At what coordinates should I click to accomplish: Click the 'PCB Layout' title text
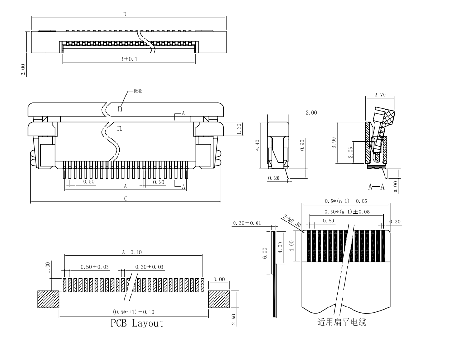[137, 323]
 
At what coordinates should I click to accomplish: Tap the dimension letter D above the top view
[125, 14]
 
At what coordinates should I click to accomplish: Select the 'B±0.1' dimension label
[128, 59]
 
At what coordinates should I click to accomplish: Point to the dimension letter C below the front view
[125, 199]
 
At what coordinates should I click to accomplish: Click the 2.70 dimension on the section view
[380, 95]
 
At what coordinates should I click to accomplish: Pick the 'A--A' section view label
[376, 187]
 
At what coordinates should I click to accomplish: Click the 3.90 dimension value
[334, 143]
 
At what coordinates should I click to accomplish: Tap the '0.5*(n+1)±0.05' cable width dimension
[346, 201]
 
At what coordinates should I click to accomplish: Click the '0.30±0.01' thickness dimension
[247, 223]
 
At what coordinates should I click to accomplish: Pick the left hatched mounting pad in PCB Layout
[48, 300]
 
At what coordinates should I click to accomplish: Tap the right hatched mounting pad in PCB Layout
[219, 300]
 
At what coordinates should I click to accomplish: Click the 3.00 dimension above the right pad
[219, 279]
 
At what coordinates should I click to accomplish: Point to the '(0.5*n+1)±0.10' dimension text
[133, 312]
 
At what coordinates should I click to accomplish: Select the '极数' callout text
[137, 91]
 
